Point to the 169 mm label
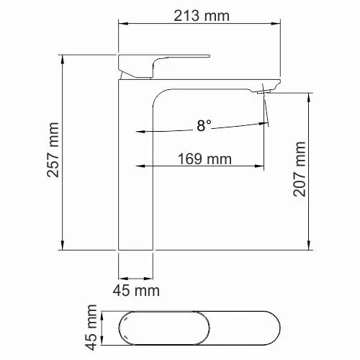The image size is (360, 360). coord(199,160)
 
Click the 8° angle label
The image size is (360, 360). coord(204,126)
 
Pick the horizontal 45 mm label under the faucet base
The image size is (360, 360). coord(135,291)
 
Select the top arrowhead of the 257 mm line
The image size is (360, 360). coord(63,57)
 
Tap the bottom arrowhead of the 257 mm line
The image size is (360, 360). coord(63,246)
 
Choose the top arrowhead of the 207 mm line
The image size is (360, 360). coord(310,96)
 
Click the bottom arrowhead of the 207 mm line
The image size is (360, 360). coord(310,246)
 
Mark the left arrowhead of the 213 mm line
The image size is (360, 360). coord(121,22)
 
